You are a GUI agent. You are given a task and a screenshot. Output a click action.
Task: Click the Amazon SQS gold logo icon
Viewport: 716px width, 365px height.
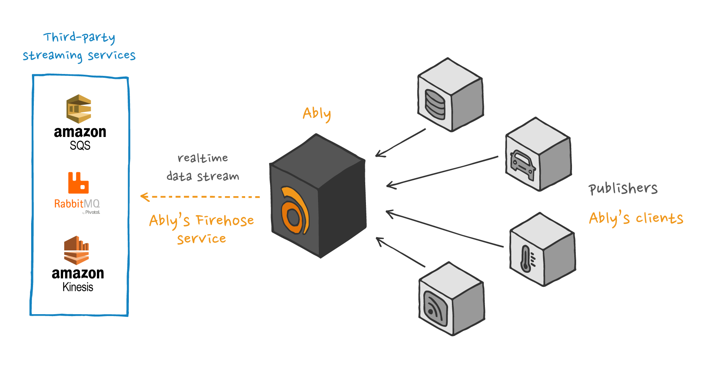(79, 109)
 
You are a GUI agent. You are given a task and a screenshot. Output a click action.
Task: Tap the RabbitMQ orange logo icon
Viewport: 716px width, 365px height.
(78, 183)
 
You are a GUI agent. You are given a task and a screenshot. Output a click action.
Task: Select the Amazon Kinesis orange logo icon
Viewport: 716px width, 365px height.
(76, 250)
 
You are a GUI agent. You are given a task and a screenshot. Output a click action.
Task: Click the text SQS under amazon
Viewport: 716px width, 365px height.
(80, 146)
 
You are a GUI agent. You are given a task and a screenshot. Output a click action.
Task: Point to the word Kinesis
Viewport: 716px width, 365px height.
(78, 287)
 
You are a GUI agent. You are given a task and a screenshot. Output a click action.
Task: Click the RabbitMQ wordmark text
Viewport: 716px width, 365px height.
(77, 204)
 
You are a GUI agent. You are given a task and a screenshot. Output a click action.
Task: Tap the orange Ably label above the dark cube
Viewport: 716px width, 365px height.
(317, 113)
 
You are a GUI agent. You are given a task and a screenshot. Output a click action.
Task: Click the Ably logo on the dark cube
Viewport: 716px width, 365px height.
(294, 211)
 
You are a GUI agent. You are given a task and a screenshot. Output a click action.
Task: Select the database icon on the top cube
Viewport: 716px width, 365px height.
(435, 104)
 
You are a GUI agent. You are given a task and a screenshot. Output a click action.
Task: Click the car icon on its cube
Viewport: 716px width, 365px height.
(523, 165)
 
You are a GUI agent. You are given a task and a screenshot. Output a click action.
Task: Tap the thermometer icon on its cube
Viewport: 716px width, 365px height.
(526, 259)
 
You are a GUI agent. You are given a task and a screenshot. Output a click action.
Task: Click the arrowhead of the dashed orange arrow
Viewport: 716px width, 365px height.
(144, 197)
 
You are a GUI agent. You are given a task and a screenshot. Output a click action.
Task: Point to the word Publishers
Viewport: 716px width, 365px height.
(623, 189)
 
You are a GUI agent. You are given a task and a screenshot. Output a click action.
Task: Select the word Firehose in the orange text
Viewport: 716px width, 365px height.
(225, 220)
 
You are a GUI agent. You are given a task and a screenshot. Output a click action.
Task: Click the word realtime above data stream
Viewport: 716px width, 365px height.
(203, 158)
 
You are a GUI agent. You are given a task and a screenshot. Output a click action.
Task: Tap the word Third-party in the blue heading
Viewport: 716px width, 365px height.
(79, 37)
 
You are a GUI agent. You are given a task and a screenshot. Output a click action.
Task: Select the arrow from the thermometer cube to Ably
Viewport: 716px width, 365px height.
(445, 230)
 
